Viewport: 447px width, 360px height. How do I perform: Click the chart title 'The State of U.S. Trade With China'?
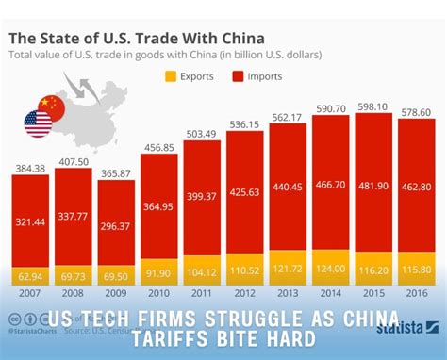[137, 39]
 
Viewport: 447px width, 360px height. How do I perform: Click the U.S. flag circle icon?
[39, 123]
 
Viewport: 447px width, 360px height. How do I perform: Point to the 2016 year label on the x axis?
[412, 294]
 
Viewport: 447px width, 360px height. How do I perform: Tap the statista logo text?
[408, 331]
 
